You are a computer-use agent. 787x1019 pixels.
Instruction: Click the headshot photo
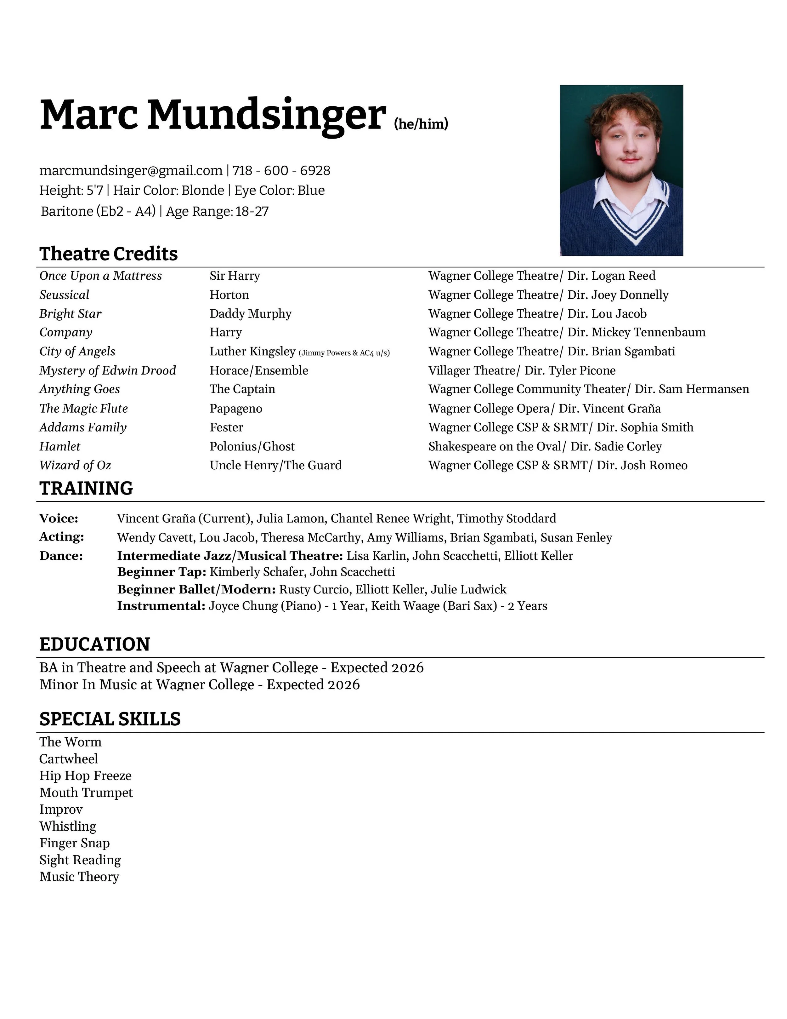tap(621, 170)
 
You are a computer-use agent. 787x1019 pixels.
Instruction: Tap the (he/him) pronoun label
tap(421, 124)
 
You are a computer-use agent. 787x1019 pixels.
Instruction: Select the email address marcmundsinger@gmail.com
tap(131, 171)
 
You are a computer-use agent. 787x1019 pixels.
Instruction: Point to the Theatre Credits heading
tap(109, 254)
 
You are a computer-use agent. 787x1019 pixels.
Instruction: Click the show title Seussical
tap(64, 295)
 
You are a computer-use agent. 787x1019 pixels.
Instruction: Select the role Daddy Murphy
tap(250, 313)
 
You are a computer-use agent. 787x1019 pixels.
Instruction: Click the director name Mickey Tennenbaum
tap(648, 332)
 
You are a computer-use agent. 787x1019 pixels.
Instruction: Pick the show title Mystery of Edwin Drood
tap(108, 370)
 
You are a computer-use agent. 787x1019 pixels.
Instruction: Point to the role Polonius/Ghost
tap(252, 447)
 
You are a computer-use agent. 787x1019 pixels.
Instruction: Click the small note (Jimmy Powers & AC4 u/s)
tap(344, 353)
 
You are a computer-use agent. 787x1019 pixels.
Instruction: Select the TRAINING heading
tap(86, 489)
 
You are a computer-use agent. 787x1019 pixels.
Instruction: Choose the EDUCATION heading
tap(95, 644)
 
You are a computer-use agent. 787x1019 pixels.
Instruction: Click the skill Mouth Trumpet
tap(86, 793)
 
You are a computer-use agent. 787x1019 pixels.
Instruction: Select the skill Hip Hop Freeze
tap(85, 776)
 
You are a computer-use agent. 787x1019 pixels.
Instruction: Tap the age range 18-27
tap(252, 211)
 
